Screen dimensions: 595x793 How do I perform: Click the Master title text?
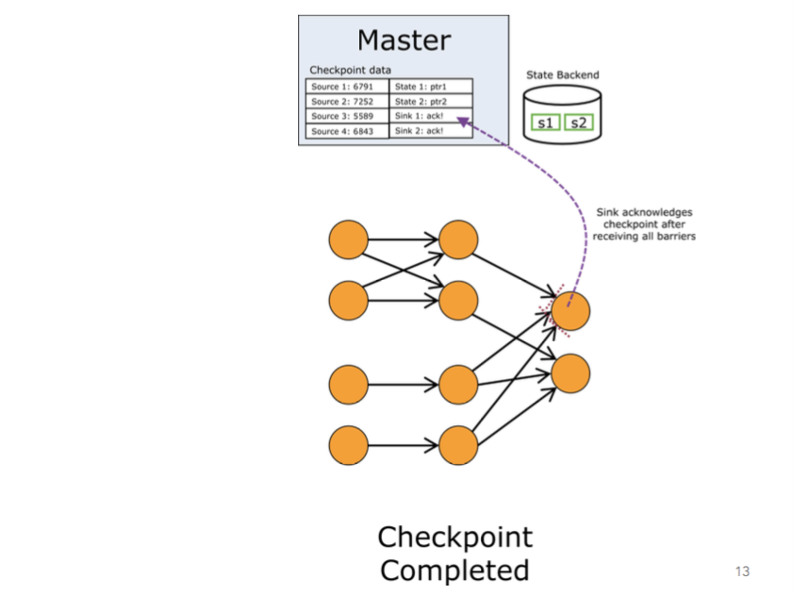pyautogui.click(x=404, y=41)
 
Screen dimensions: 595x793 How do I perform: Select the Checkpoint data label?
pyautogui.click(x=350, y=71)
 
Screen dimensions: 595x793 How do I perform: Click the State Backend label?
pyautogui.click(x=562, y=75)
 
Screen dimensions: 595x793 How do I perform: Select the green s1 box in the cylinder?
pyautogui.click(x=544, y=123)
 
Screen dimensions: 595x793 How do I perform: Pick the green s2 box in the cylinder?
pyautogui.click(x=579, y=123)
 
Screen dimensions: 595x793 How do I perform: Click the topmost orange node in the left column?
pyautogui.click(x=348, y=240)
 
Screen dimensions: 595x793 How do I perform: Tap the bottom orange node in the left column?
pyautogui.click(x=348, y=445)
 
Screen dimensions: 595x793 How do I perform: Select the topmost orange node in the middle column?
pyautogui.click(x=458, y=240)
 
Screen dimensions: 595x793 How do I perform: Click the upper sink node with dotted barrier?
pyautogui.click(x=570, y=311)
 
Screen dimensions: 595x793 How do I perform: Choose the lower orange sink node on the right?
pyautogui.click(x=570, y=373)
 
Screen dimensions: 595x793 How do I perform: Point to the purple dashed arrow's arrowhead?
pyautogui.click(x=461, y=120)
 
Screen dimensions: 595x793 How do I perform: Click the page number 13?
pyautogui.click(x=741, y=571)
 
